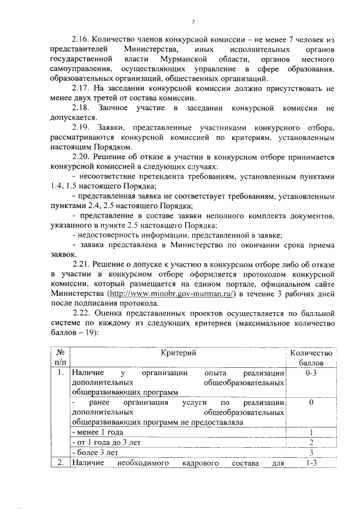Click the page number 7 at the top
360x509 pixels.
[192, 21]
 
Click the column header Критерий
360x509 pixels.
[178, 353]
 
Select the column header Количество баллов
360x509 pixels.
[311, 358]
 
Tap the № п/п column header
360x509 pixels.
[59, 358]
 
